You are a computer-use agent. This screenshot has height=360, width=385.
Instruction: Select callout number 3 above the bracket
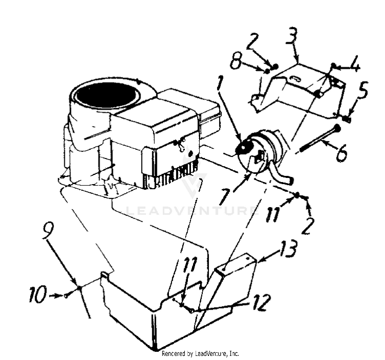pyautogui.click(x=292, y=36)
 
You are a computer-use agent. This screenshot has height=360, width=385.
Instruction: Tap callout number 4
pyautogui.click(x=353, y=64)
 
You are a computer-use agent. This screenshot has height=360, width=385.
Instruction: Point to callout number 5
pyautogui.click(x=362, y=90)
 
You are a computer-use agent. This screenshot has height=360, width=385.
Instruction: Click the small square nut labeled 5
pyautogui.click(x=346, y=119)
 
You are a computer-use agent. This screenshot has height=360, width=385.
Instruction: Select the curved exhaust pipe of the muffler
pyautogui.click(x=281, y=176)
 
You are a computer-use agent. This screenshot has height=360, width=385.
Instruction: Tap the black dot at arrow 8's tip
pyautogui.click(x=267, y=71)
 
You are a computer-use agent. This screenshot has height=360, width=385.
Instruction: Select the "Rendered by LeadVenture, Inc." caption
pyautogui.click(x=200, y=353)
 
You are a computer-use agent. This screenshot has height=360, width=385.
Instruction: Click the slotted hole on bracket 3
pyautogui.click(x=296, y=79)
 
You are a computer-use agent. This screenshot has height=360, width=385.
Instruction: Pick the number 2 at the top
pyautogui.click(x=253, y=42)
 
